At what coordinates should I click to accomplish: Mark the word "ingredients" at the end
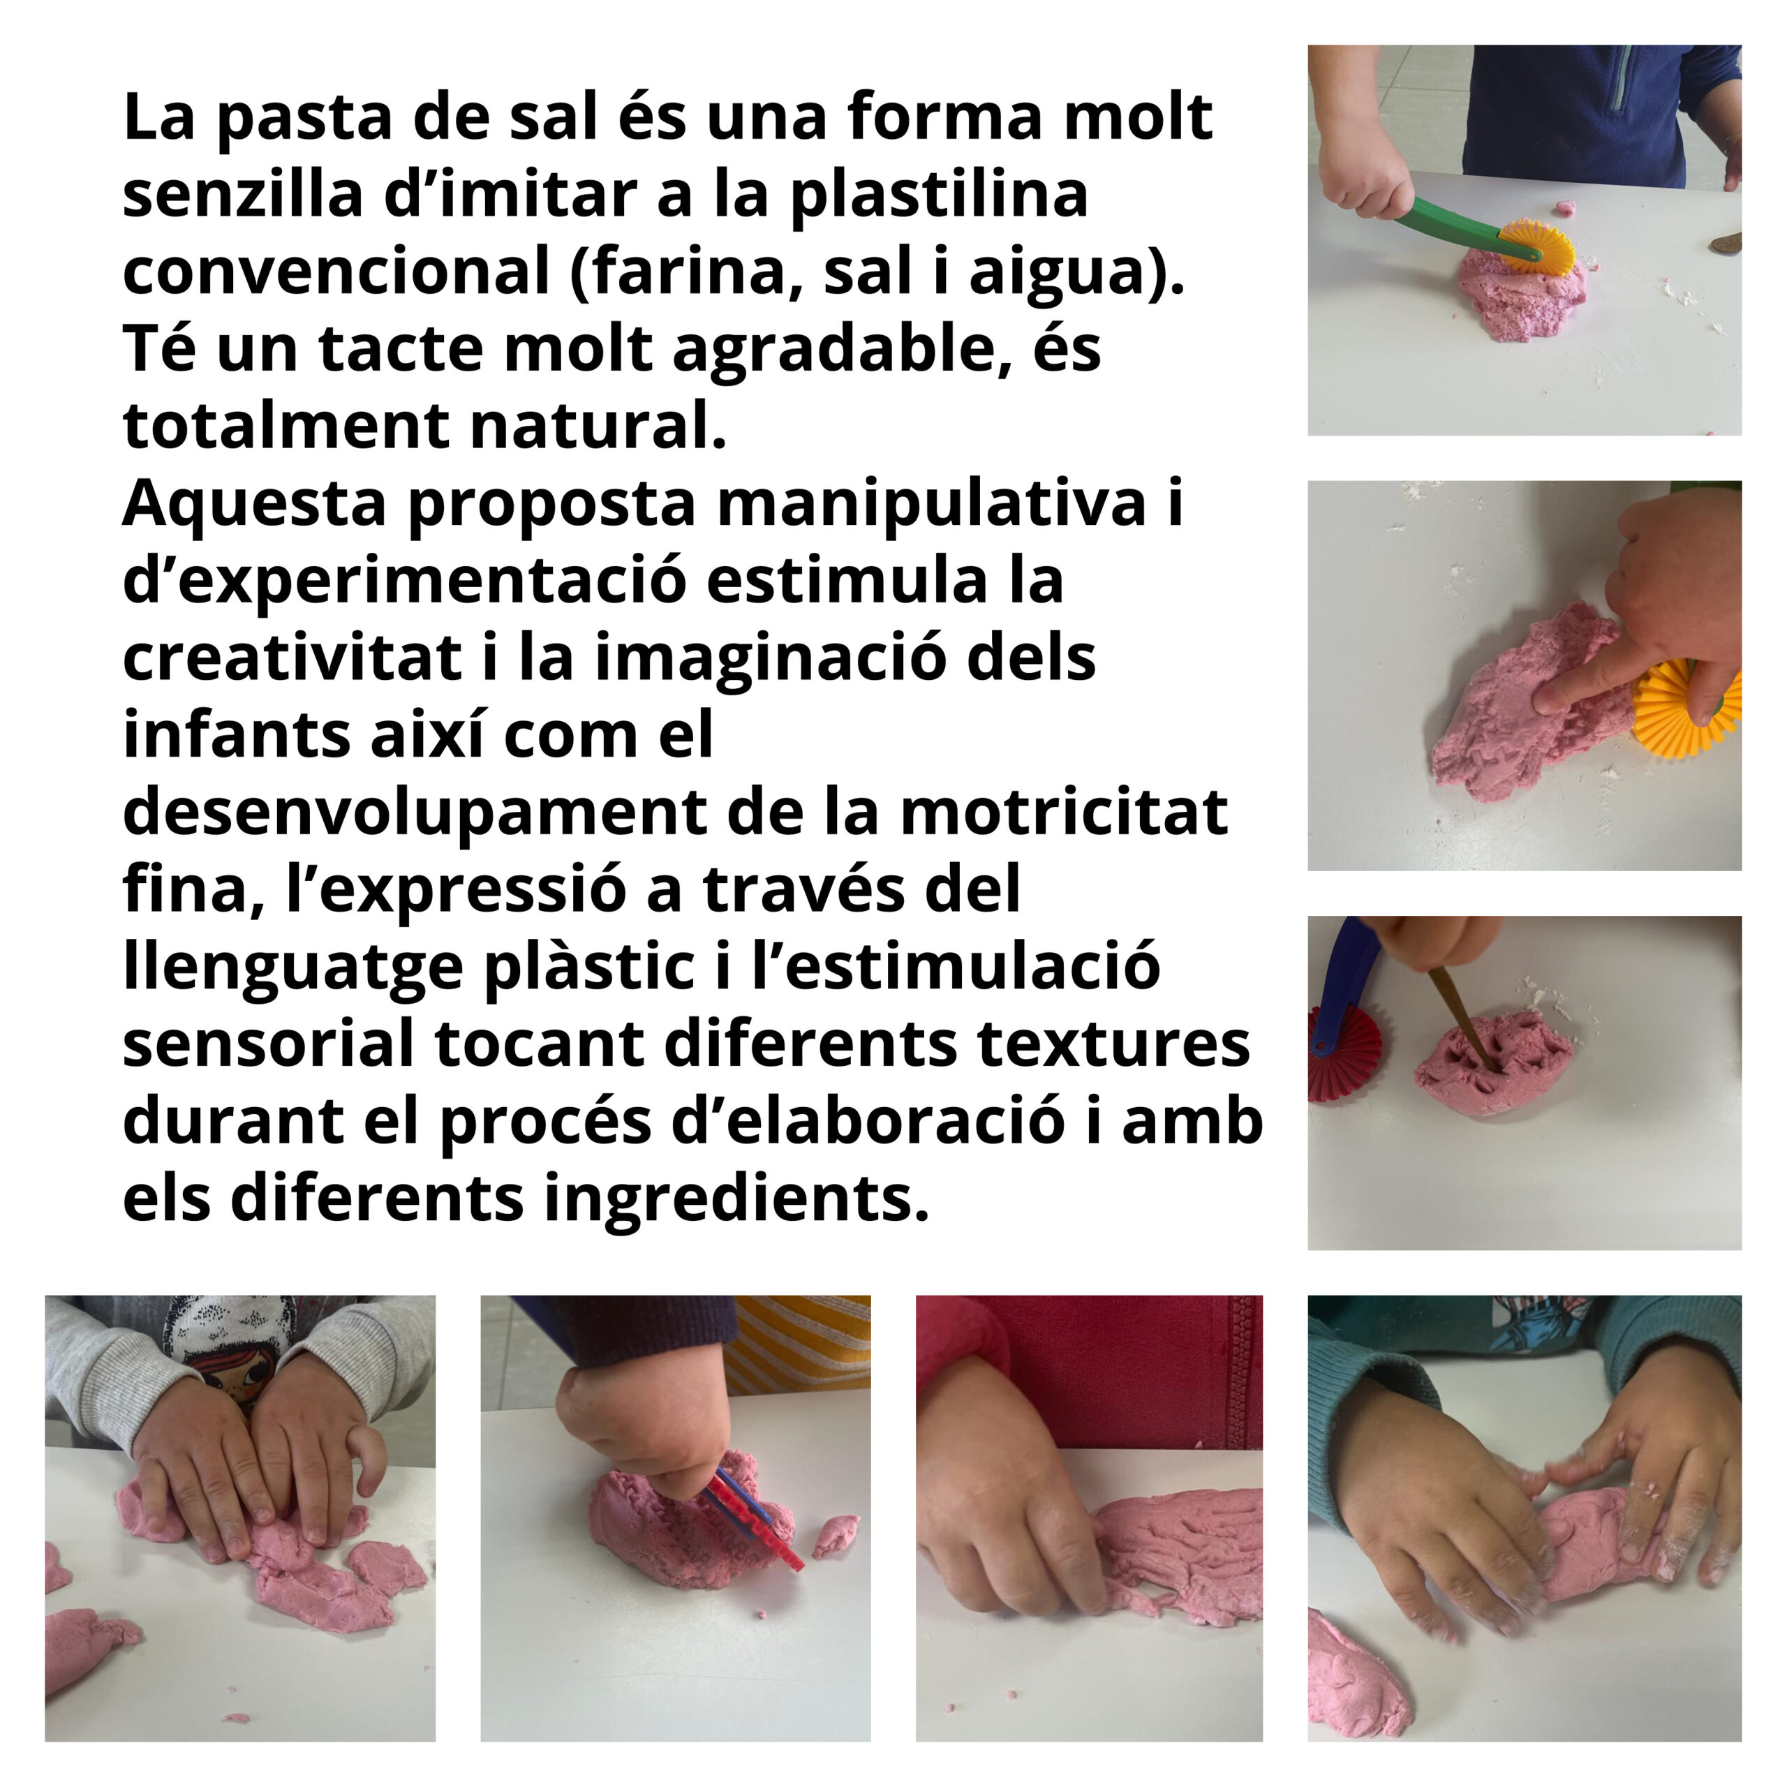735,1203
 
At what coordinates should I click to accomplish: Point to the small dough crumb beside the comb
836,1536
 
